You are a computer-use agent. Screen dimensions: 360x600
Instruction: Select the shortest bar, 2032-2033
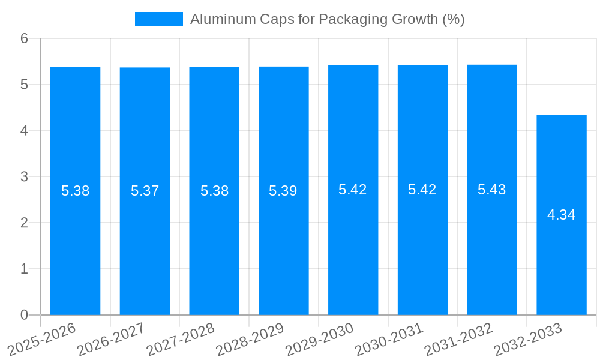(x=561, y=264)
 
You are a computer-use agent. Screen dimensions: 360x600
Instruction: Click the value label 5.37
(x=145, y=191)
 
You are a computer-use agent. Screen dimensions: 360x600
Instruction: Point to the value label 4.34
(x=561, y=215)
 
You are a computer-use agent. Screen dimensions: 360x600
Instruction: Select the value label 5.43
(x=491, y=190)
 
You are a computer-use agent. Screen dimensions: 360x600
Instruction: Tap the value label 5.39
(x=283, y=191)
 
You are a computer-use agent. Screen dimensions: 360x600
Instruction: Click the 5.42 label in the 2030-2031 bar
(x=422, y=190)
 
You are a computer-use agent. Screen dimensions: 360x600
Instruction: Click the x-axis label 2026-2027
(x=112, y=339)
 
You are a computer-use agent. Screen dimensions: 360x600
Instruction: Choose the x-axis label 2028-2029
(x=250, y=339)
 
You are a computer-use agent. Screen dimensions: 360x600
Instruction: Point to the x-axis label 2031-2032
(x=459, y=339)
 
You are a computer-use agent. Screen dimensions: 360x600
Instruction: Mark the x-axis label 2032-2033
(x=528, y=339)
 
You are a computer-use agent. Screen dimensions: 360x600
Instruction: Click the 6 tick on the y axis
(x=24, y=38)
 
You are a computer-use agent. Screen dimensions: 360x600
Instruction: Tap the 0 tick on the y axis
(x=24, y=315)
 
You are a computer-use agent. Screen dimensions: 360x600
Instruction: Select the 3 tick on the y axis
(x=24, y=177)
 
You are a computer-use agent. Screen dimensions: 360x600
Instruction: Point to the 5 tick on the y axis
(x=24, y=85)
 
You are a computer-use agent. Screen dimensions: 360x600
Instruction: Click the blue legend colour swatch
(x=159, y=19)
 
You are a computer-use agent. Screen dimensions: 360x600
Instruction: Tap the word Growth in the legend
(x=415, y=19)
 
